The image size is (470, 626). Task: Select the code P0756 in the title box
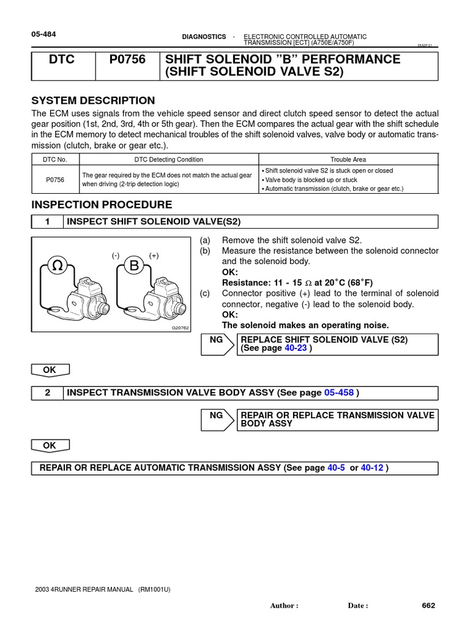[127, 60]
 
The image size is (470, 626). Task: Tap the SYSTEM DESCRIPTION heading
[93, 101]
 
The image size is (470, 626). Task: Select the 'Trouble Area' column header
[348, 160]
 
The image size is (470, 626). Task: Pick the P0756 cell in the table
[54, 180]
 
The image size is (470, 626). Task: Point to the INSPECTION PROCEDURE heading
[102, 205]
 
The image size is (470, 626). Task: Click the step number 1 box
[47, 222]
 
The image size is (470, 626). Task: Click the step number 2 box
[47, 393]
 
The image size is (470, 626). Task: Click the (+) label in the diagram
[154, 256]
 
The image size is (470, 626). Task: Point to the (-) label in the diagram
[115, 256]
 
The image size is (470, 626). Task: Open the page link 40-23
[296, 348]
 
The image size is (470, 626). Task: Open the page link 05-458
[338, 393]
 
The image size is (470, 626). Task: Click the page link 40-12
[372, 468]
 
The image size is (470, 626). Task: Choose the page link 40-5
[337, 468]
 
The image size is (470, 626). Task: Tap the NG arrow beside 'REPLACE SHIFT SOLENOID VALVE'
[218, 344]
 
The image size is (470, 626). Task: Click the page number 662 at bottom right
[428, 606]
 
